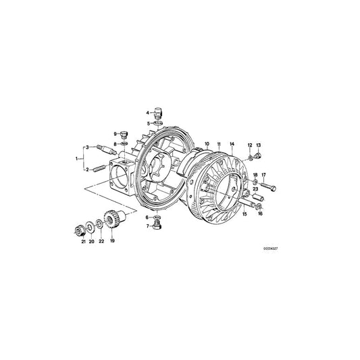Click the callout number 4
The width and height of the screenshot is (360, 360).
pos(147,112)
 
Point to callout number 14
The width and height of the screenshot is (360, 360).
pos(232,145)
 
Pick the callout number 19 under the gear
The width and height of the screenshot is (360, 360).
pos(112,240)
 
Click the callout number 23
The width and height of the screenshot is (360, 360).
pos(255,190)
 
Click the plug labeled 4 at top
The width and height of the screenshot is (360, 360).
pos(158,111)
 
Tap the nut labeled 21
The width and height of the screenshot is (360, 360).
pos(78,228)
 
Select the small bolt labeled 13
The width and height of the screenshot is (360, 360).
pos(257,157)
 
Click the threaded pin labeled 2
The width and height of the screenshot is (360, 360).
pos(99,168)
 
